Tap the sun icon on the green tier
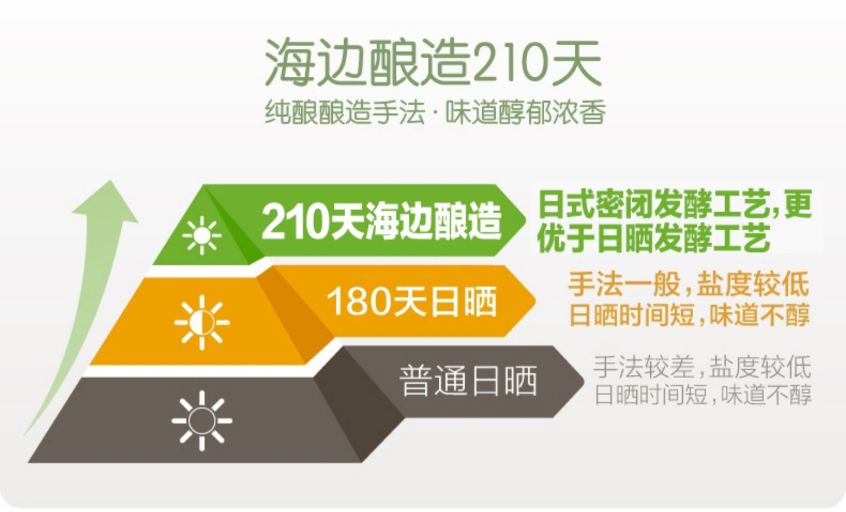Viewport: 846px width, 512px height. click(x=202, y=235)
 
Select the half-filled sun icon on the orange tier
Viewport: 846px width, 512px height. click(x=202, y=323)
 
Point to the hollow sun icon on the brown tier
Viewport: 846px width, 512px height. click(x=202, y=421)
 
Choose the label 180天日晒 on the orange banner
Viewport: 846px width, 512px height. click(x=412, y=302)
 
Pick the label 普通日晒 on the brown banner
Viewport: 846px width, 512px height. click(x=468, y=380)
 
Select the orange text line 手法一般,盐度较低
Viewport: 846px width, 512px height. click(x=689, y=284)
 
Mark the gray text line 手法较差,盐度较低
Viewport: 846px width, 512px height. click(x=702, y=367)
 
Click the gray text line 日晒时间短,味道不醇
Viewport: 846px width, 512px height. click(x=703, y=395)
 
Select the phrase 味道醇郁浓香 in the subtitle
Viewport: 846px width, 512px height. click(x=526, y=112)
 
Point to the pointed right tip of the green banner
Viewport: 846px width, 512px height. click(x=526, y=220)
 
